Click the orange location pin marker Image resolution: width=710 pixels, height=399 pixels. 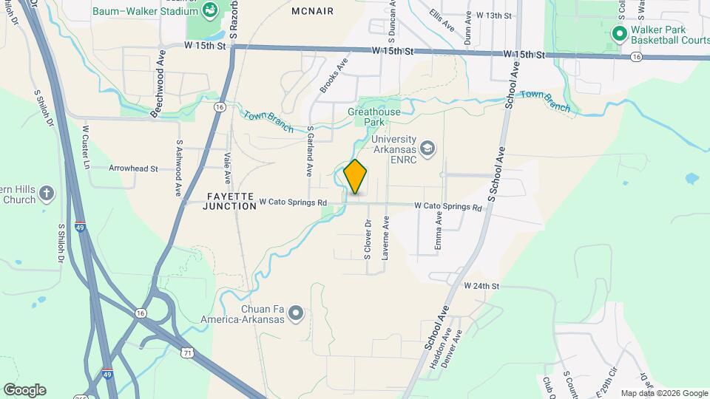tap(356, 177)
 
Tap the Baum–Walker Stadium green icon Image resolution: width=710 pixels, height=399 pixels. tap(210, 10)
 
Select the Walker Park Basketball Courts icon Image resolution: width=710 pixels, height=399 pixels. tap(619, 34)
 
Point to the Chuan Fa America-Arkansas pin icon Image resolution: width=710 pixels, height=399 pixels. tap(296, 314)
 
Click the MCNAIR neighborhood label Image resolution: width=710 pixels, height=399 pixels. tap(312, 11)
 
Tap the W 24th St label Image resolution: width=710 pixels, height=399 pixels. tap(482, 285)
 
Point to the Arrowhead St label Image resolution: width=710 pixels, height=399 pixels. tap(133, 168)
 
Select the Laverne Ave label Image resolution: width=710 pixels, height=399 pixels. tap(385, 237)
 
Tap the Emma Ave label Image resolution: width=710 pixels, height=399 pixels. tap(439, 230)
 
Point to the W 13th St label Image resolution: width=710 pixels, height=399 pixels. tap(494, 15)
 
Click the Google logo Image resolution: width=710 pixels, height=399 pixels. tap(24, 390)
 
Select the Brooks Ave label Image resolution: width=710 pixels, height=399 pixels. tap(334, 76)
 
